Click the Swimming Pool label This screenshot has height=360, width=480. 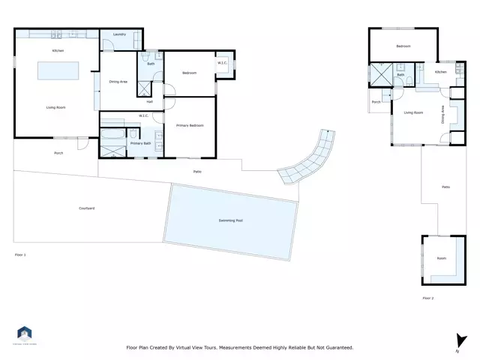pyautogui.click(x=230, y=220)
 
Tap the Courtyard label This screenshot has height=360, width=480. pyautogui.click(x=86, y=208)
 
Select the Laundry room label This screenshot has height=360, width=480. pyautogui.click(x=118, y=35)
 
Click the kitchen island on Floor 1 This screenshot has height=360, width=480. pyautogui.click(x=58, y=70)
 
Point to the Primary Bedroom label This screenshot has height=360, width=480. pyautogui.click(x=190, y=124)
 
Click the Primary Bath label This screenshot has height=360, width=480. pyautogui.click(x=141, y=143)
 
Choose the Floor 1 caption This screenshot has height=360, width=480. pyautogui.click(x=20, y=255)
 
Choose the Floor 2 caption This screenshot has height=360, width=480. pyautogui.click(x=428, y=298)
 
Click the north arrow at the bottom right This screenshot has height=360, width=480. pyautogui.click(x=456, y=341)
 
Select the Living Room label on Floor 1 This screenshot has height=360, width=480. pyautogui.click(x=56, y=108)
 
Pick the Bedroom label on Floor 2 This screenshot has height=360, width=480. pyautogui.click(x=403, y=46)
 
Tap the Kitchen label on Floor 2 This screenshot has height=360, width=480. pyautogui.click(x=441, y=72)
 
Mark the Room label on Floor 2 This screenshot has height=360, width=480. pyautogui.click(x=441, y=258)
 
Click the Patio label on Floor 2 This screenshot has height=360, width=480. pyautogui.click(x=445, y=187)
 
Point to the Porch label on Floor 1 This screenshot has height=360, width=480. pyautogui.click(x=58, y=153)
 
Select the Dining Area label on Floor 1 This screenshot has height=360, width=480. pyautogui.click(x=118, y=81)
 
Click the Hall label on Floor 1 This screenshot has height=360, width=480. pyautogui.click(x=150, y=101)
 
